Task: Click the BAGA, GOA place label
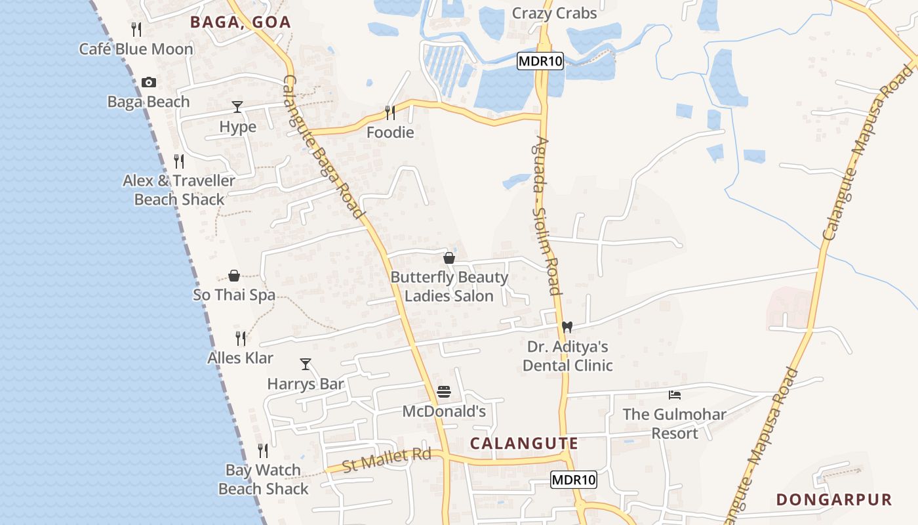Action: pos(240,22)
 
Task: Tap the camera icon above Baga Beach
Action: pos(149,82)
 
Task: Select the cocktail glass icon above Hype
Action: pos(237,106)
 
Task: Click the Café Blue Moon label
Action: pos(136,49)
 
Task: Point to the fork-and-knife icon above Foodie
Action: pos(390,112)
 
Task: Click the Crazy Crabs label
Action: pos(554,13)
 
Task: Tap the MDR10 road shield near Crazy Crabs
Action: pos(540,61)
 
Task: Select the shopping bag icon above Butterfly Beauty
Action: pos(449,258)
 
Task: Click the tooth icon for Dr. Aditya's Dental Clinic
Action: pos(567,326)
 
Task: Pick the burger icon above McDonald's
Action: pos(444,392)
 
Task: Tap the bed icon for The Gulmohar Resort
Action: pos(675,395)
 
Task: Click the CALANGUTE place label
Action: pos(525,444)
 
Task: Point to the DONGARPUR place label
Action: pos(834,499)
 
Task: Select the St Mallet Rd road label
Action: pos(387,459)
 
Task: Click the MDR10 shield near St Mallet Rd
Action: pos(573,480)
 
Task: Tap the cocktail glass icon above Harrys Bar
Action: pos(305,364)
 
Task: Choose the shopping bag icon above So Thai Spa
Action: pos(234,276)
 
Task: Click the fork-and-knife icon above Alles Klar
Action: pos(241,339)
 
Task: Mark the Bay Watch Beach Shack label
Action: pos(263,480)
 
